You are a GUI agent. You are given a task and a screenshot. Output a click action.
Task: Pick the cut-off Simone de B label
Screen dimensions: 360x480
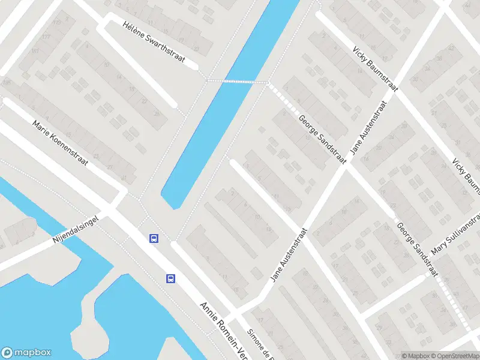pos(262,344)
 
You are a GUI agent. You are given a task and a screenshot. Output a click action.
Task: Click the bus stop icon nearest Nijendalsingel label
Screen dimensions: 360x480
pos(154,238)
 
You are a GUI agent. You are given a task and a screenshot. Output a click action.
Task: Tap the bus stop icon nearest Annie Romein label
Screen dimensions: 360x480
pos(171,278)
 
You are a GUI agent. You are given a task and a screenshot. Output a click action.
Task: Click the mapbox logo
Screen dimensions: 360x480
pos(26,353)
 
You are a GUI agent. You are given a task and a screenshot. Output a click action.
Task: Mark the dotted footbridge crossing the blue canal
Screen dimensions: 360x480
pos(238,80)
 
